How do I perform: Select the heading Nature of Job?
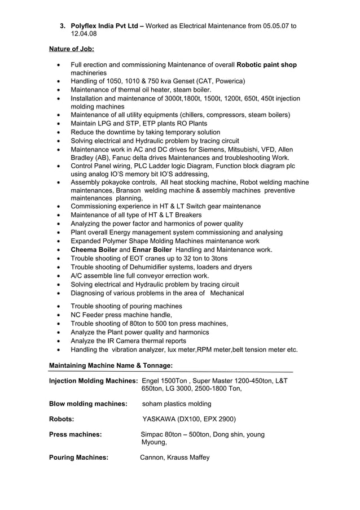coord(71,49)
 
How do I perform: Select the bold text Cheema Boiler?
coord(94,250)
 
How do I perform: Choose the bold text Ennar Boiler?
coord(152,250)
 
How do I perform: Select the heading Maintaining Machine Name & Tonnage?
coord(107,365)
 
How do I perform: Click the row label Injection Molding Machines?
coord(94,381)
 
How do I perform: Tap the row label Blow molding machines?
coord(87,404)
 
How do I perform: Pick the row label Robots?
coord(62,419)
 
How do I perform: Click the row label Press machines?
coord(76,434)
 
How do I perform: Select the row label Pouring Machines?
coord(78,457)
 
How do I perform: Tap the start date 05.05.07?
coord(276,26)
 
